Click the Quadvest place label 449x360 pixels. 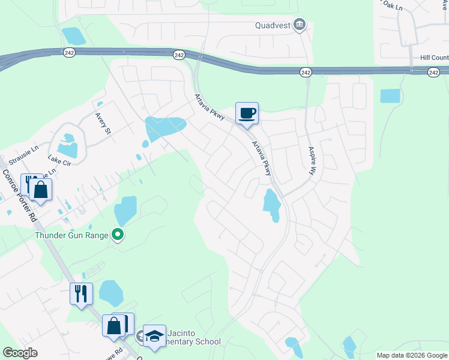273,25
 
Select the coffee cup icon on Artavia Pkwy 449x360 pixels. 247,113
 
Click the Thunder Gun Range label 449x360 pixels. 71,235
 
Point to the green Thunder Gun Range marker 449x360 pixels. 118,235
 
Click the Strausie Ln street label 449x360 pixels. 22,148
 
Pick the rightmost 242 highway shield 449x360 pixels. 434,72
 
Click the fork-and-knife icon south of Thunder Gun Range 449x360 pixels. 81,293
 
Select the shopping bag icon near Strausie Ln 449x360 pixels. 41,190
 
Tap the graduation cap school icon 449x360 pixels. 154,335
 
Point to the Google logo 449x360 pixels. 20,353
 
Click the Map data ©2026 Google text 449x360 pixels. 412,355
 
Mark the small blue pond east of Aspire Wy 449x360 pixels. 390,95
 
